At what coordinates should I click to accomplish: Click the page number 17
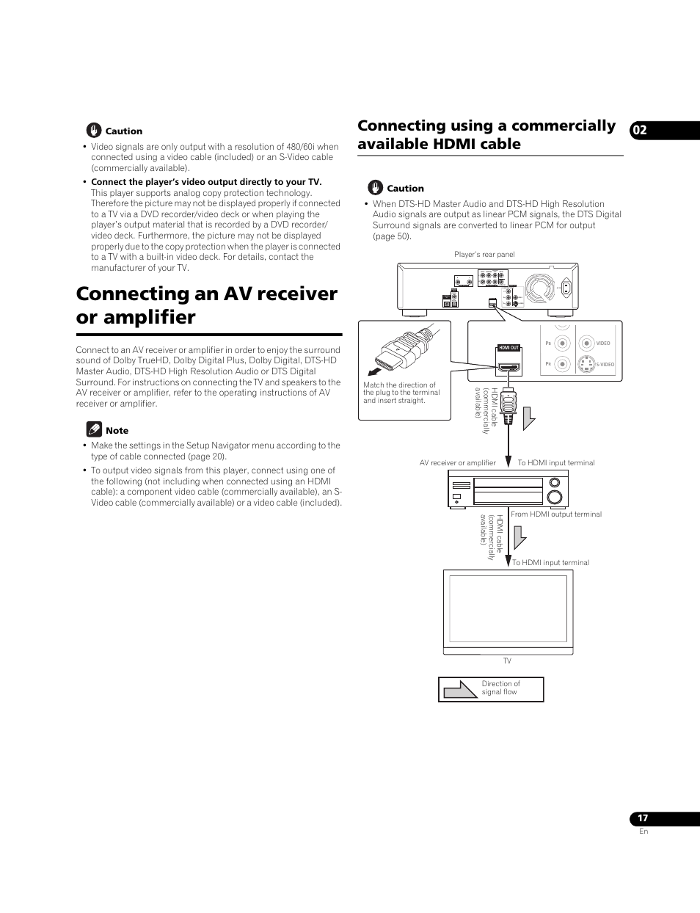click(642, 818)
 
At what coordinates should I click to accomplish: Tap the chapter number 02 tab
click(640, 131)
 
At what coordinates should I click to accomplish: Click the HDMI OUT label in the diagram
click(508, 348)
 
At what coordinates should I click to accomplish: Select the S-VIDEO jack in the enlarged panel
click(586, 363)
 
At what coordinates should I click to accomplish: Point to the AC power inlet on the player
click(565, 288)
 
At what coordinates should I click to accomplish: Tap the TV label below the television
click(507, 661)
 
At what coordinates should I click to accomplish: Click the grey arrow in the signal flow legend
click(461, 689)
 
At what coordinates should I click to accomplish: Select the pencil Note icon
click(93, 429)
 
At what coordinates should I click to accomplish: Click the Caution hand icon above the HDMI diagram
click(375, 188)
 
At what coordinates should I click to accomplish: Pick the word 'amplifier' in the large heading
click(136, 317)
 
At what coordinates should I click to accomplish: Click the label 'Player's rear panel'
click(484, 255)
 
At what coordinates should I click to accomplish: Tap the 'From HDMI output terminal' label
click(556, 514)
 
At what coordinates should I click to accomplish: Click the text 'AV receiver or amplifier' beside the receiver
click(457, 463)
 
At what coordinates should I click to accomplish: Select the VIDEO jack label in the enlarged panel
click(603, 343)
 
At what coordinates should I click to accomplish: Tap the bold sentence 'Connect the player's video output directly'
click(206, 182)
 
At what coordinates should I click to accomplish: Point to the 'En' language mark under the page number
click(644, 832)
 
